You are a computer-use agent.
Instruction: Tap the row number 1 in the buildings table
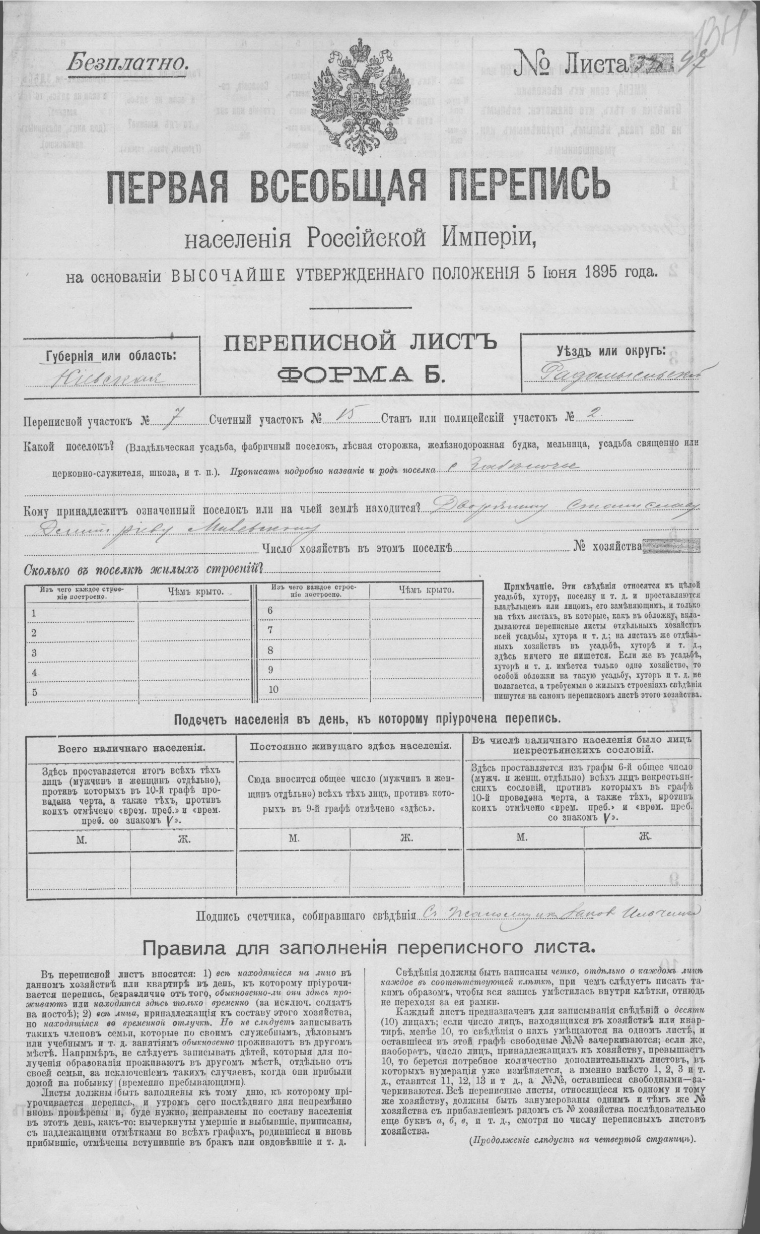[x=34, y=613]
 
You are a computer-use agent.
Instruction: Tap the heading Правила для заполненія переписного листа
[x=369, y=948]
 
